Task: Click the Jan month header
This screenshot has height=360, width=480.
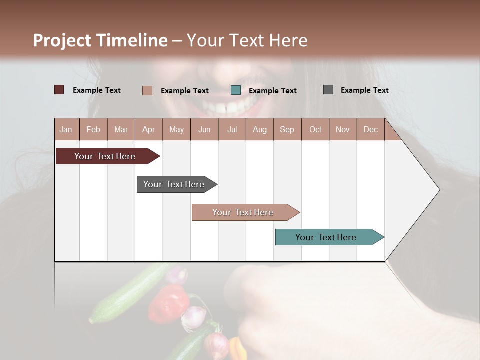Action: point(66,129)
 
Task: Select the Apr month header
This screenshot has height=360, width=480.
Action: point(149,129)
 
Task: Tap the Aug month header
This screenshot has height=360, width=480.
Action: point(260,129)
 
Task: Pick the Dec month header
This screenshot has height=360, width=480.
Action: point(370,129)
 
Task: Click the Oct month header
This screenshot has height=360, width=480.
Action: point(315,129)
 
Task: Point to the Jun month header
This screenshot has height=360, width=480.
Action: point(204,129)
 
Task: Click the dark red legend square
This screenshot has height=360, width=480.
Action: point(59,90)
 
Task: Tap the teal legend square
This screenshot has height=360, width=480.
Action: point(236,90)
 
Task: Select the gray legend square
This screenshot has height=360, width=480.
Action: point(328,90)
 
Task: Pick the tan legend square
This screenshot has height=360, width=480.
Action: point(147,90)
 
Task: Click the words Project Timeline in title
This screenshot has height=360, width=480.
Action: point(100,40)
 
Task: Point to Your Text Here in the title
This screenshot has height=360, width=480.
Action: point(247,40)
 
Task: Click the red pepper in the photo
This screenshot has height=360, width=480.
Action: point(168,304)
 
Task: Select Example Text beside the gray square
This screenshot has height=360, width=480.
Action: point(364,90)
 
